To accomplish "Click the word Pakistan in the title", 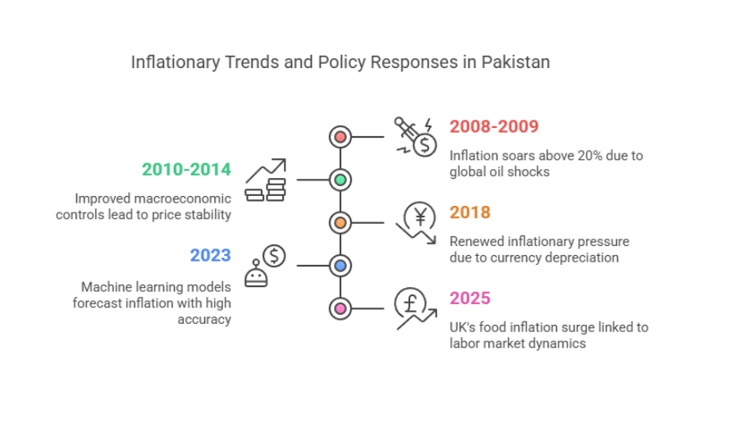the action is click(x=515, y=62).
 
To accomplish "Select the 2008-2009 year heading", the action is click(x=494, y=126).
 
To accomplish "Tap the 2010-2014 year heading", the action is click(x=186, y=170).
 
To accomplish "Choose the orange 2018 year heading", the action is click(x=470, y=212).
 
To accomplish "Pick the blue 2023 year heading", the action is click(x=210, y=255).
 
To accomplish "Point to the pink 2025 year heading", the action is click(x=470, y=299).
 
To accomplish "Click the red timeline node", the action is click(x=340, y=137).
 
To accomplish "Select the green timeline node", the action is click(x=340, y=180).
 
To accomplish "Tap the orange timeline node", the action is click(x=340, y=223).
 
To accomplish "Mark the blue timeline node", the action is click(x=340, y=266).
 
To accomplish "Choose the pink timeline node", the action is click(x=340, y=309).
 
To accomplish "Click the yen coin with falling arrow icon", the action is click(x=416, y=222).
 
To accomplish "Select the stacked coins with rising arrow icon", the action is click(x=266, y=180).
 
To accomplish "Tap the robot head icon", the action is click(x=256, y=274).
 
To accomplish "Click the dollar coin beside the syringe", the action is click(x=425, y=145).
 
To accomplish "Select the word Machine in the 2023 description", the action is click(x=105, y=287).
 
